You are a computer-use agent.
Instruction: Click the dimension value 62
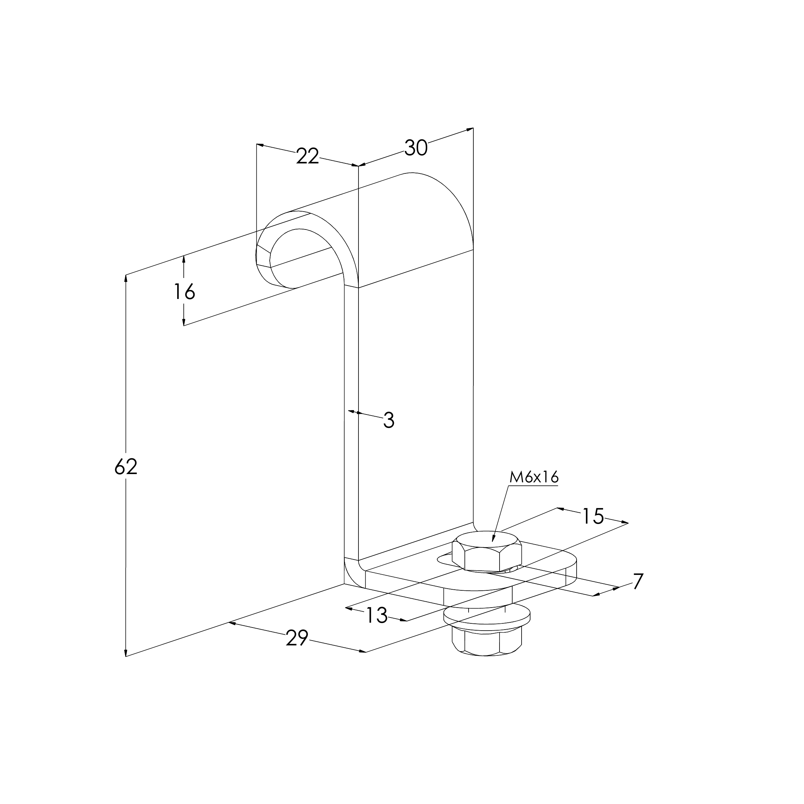point(126,467)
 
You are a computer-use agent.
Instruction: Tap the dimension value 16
point(184,292)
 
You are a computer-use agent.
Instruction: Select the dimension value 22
point(308,157)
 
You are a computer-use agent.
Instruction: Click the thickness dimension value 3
point(389,420)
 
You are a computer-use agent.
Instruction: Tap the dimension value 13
point(377,615)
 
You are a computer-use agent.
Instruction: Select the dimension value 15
point(593,516)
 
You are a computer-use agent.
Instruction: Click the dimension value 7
point(638,581)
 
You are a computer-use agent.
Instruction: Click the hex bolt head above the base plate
point(487,550)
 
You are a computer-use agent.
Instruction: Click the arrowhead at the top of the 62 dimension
point(126,278)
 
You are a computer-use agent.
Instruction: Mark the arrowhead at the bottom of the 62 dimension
point(126,652)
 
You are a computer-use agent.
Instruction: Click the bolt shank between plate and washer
point(487,598)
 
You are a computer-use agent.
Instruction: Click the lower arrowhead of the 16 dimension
point(184,321)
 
